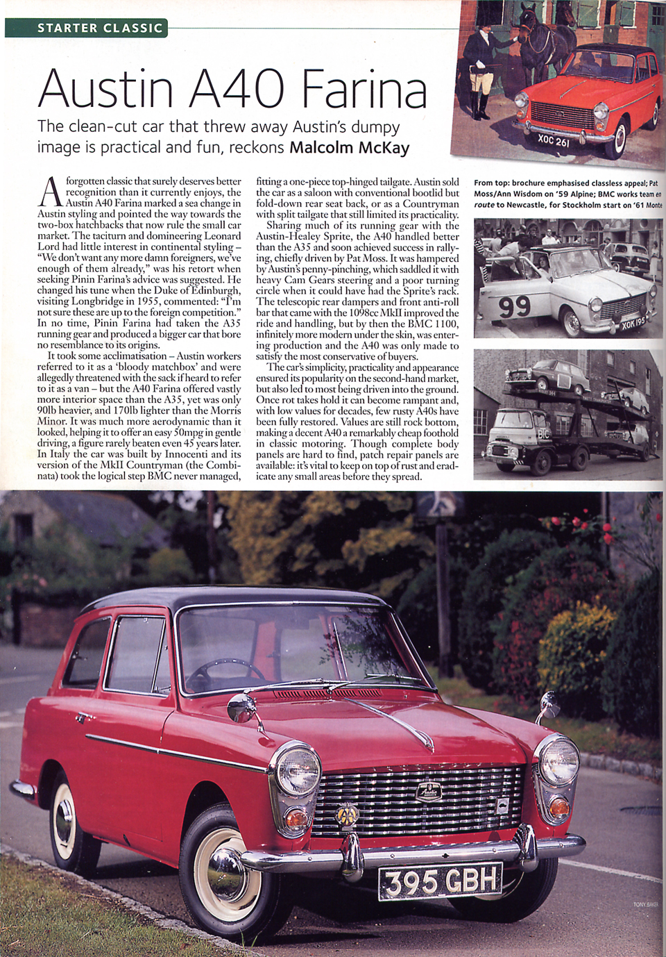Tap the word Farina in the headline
(x=364, y=90)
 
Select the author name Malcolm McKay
(x=349, y=147)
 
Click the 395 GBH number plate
(x=441, y=881)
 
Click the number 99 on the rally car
(x=514, y=306)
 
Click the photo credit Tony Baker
(x=645, y=904)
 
